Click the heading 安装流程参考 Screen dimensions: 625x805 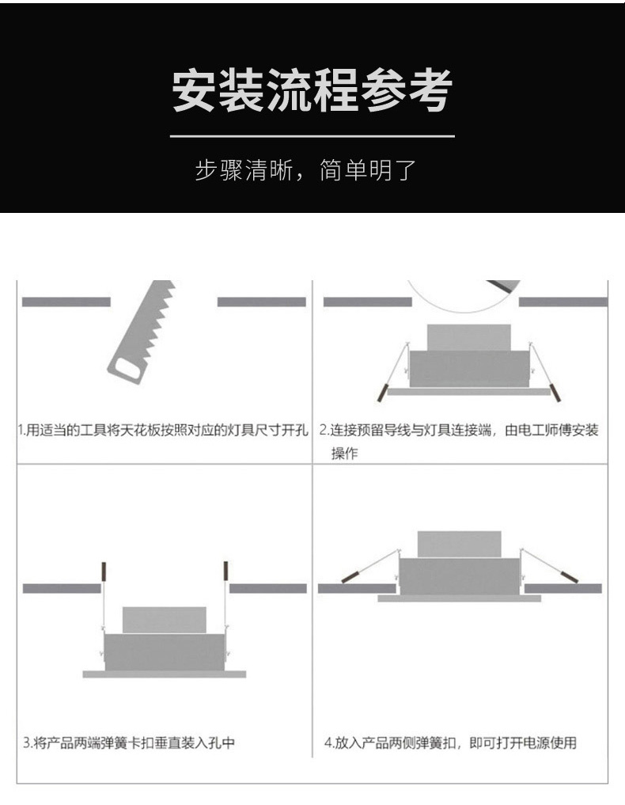tap(312, 91)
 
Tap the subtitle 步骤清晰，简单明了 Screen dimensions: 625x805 tap(306, 170)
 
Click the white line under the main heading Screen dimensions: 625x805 tap(312, 137)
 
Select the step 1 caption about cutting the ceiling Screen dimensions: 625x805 tap(163, 430)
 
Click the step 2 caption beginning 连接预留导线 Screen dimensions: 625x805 tap(460, 441)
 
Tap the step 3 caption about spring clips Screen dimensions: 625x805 tap(129, 742)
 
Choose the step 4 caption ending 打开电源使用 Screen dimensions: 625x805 tap(450, 742)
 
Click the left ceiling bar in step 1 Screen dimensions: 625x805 tap(66, 302)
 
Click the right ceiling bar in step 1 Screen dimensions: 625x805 tap(262, 302)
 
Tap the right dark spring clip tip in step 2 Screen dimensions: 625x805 tap(555, 393)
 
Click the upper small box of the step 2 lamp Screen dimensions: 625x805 tap(469, 337)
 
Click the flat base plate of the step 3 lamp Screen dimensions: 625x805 tap(165, 674)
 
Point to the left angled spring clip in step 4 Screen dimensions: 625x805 tap(369, 566)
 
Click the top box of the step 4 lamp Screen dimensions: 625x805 tap(460, 545)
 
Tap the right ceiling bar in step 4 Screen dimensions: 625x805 tap(563, 588)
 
